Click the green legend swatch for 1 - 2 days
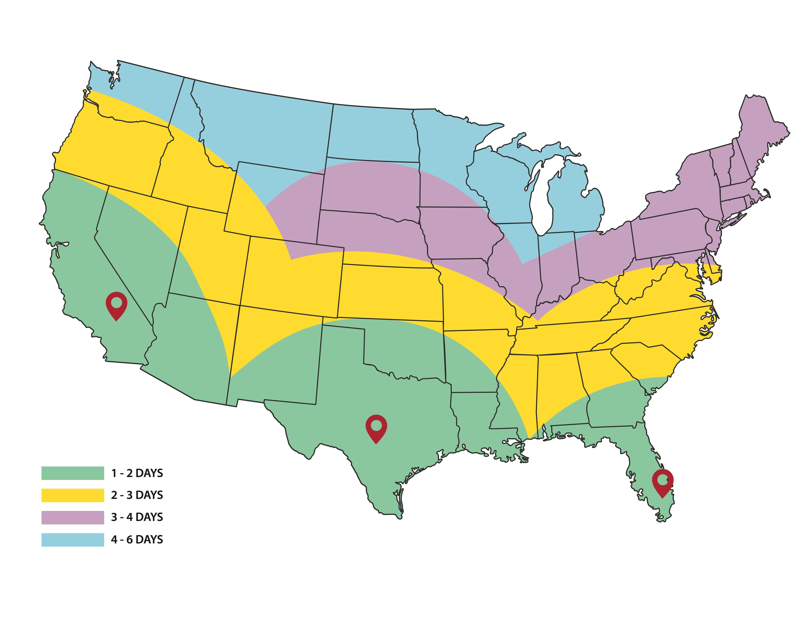tap(73, 473)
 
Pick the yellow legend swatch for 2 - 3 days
tap(73, 495)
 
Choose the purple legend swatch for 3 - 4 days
tap(73, 517)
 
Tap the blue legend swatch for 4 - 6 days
tap(73, 540)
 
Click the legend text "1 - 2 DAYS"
tap(137, 473)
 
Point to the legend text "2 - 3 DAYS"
tap(137, 495)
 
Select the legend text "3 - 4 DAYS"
tap(137, 517)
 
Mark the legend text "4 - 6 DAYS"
tap(137, 540)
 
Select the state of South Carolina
tap(646, 362)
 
